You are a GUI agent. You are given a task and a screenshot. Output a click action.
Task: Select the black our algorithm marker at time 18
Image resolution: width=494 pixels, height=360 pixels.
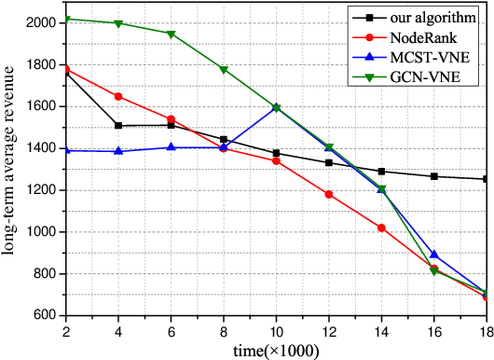point(485,179)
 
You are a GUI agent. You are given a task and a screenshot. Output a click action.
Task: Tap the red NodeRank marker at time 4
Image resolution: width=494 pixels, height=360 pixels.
point(117,96)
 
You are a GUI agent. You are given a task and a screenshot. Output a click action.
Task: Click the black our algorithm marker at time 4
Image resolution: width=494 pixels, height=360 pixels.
point(117,125)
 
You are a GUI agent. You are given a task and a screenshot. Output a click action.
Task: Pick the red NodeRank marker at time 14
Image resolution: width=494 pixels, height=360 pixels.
point(380,228)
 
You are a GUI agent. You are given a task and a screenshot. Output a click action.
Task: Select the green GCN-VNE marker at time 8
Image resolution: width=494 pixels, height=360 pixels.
point(223,69)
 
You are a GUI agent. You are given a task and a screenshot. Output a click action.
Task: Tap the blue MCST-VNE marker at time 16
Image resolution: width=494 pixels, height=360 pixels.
point(432,255)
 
